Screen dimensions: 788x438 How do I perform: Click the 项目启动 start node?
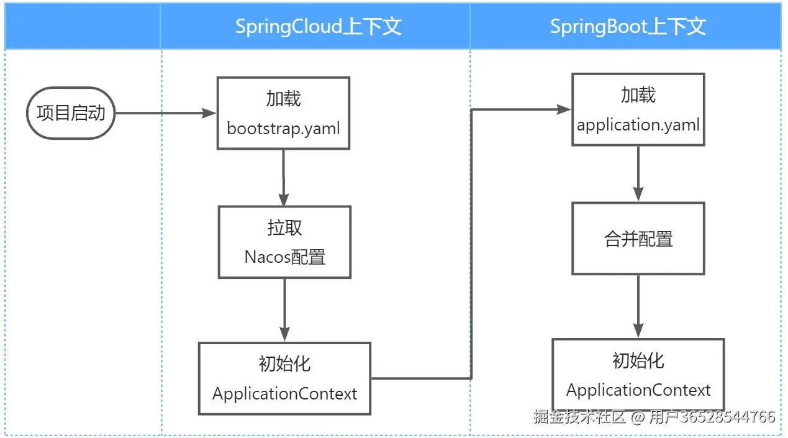(71, 113)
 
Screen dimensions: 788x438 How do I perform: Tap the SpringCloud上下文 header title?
(319, 27)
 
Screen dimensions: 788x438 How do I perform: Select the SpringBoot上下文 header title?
(628, 27)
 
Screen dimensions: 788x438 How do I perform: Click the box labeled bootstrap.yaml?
(283, 113)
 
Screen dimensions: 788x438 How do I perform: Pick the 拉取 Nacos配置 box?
(284, 242)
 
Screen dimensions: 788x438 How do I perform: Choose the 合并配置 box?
(638, 239)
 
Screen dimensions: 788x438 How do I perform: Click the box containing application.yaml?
(638, 109)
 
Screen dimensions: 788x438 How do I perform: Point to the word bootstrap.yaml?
(283, 129)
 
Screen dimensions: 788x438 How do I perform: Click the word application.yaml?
(638, 125)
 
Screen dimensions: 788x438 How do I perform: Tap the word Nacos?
(268, 257)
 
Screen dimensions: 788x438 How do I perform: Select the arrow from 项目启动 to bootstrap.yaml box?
(166, 113)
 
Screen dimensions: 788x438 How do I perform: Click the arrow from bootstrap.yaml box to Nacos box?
(284, 178)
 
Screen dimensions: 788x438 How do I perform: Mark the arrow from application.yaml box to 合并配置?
(638, 173)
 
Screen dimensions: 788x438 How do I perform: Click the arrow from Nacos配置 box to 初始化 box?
(284, 310)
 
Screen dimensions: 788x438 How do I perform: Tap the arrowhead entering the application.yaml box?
(564, 109)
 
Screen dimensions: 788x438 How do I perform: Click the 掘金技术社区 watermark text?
(579, 417)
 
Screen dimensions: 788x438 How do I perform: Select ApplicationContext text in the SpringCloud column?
(284, 394)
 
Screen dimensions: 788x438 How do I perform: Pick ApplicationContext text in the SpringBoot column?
(638, 390)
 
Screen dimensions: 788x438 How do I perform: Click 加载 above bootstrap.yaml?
(283, 98)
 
